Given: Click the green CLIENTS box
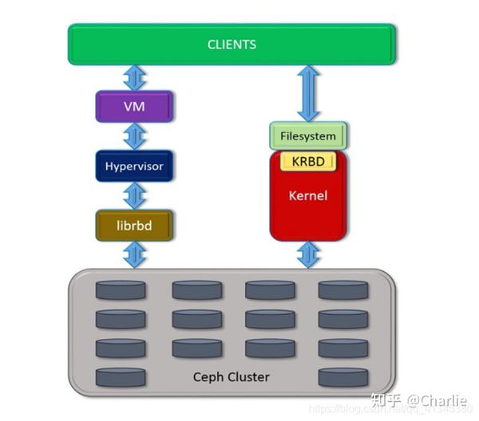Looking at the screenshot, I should pyautogui.click(x=232, y=45).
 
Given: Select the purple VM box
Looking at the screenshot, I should pyautogui.click(x=134, y=106).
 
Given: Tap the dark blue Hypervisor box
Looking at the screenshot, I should pyautogui.click(x=134, y=167).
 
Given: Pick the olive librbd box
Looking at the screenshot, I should pyautogui.click(x=134, y=226).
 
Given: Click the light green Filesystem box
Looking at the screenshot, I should pyautogui.click(x=308, y=136).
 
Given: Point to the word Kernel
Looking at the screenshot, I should pyautogui.click(x=307, y=195).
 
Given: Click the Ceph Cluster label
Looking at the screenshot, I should pyautogui.click(x=232, y=376).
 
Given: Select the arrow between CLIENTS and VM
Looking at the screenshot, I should pyautogui.click(x=134, y=78).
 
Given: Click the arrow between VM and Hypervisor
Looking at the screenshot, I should pyautogui.click(x=134, y=136).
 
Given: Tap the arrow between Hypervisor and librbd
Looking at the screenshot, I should pyautogui.click(x=134, y=196).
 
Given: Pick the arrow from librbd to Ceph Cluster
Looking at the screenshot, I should pyautogui.click(x=134, y=255).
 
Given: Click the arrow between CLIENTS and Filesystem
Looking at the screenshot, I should pyautogui.click(x=308, y=93).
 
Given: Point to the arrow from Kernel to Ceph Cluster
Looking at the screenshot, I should pyautogui.click(x=308, y=254).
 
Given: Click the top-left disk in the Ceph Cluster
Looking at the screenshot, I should pyautogui.click(x=121, y=289).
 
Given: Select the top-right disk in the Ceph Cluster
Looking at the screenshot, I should pyautogui.click(x=342, y=289).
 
